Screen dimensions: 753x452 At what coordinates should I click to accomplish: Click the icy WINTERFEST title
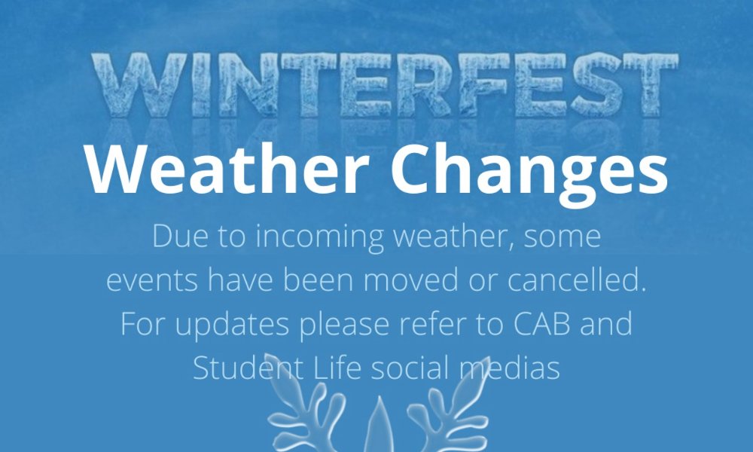pos(385,85)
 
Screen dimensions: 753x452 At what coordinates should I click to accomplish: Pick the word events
pos(152,280)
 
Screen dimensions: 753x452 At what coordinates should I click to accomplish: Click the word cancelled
pos(576,279)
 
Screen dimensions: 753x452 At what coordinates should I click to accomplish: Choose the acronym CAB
pos(541,324)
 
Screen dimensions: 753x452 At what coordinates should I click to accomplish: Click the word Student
pos(248,368)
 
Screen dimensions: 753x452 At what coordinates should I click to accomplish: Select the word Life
pos(337,368)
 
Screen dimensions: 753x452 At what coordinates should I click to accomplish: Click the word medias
pos(510,368)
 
